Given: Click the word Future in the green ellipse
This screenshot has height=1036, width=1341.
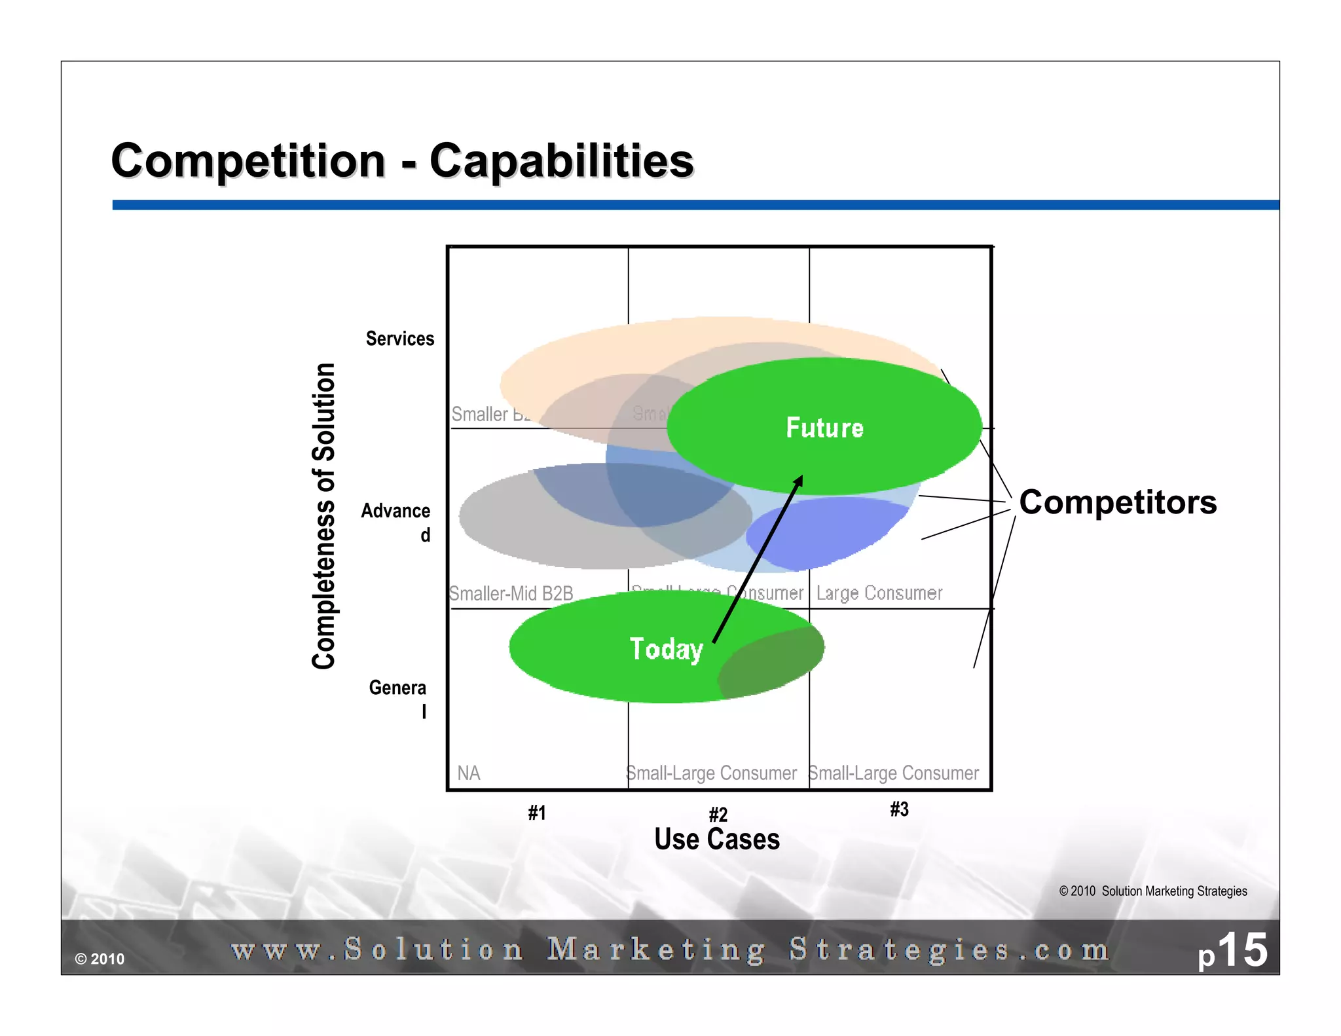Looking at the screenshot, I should [824, 428].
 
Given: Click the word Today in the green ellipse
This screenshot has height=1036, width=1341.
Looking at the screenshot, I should [666, 649].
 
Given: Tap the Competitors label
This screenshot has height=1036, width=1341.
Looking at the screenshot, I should [1117, 502].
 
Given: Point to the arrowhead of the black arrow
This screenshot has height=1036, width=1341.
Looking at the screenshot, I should [799, 480].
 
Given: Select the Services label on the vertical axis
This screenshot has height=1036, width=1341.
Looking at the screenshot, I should [399, 339].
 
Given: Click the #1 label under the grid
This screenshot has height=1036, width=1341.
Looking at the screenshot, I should [537, 813].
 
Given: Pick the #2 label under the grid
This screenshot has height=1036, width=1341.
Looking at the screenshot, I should [718, 814].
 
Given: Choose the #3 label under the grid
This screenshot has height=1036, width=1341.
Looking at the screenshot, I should [899, 809].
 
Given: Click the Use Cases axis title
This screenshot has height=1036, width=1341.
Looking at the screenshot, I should [717, 839].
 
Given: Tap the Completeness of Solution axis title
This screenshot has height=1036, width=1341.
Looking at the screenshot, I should [324, 515].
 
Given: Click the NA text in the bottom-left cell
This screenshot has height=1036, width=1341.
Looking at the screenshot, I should [469, 773].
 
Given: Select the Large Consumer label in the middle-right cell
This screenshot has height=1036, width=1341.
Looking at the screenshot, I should [879, 593].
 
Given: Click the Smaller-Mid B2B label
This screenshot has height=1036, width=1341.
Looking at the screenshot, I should [511, 594].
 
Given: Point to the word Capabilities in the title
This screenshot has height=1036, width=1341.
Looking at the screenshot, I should [561, 161].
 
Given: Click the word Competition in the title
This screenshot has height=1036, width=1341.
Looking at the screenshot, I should [248, 161].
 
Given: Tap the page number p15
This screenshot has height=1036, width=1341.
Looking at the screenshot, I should [1232, 951].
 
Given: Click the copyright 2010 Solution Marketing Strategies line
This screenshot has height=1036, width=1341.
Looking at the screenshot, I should [1152, 891].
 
